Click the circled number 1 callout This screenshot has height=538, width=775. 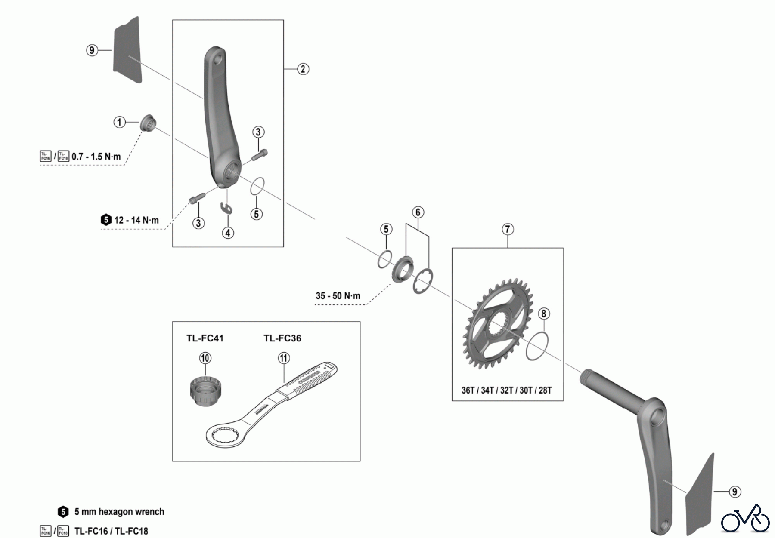click(x=119, y=122)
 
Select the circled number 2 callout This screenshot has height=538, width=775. click(x=303, y=69)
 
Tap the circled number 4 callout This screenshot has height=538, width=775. click(x=228, y=233)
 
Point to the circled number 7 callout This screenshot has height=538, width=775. click(x=508, y=229)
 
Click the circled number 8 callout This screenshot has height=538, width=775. click(x=543, y=314)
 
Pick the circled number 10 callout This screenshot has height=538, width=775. click(x=205, y=358)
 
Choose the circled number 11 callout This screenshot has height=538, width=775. click(x=284, y=358)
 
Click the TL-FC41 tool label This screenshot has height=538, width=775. click(x=205, y=338)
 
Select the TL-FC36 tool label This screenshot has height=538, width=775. click(x=282, y=338)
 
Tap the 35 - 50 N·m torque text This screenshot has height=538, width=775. click(x=338, y=296)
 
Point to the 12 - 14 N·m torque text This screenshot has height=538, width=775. click(x=136, y=220)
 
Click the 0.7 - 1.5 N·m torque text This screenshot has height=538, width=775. click(x=96, y=156)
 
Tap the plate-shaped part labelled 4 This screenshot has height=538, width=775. click(x=227, y=208)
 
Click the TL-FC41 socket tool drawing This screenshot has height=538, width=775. click(x=205, y=390)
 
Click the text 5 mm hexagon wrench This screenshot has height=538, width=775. click(x=119, y=512)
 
